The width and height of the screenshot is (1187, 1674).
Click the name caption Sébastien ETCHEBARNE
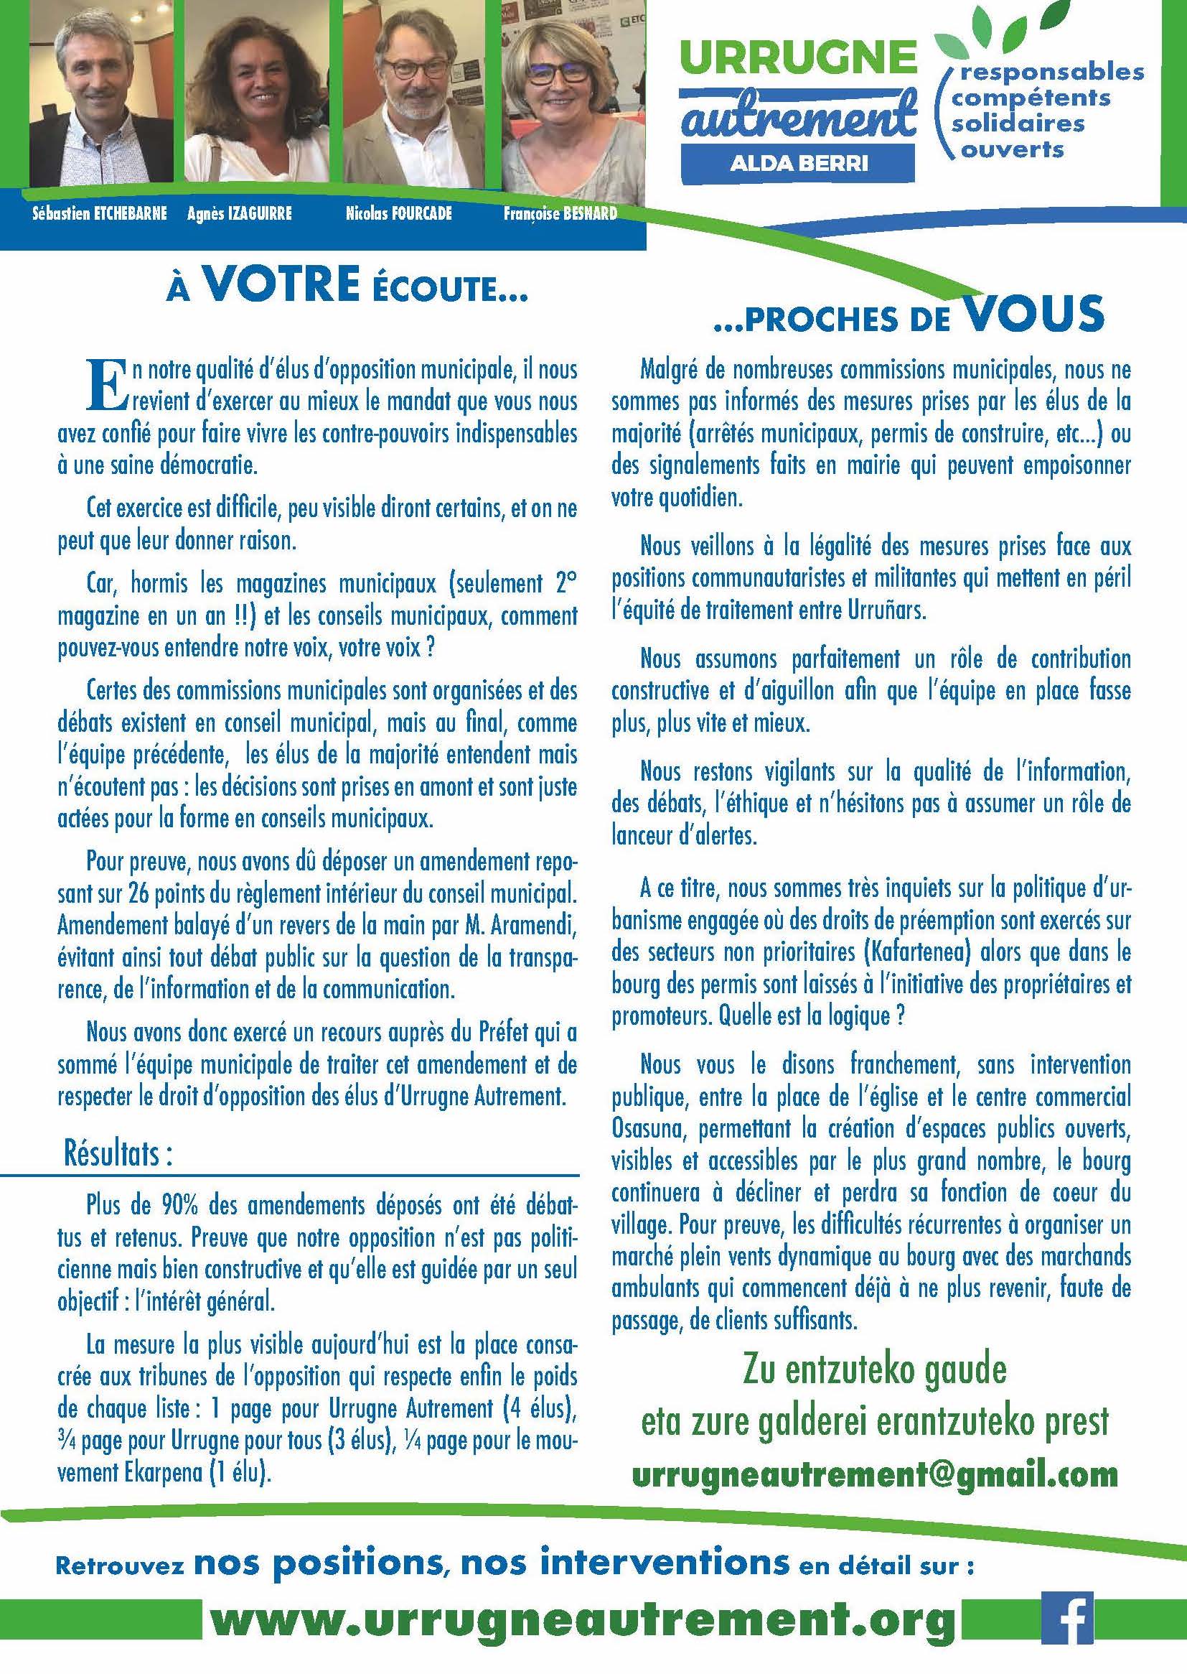click(100, 214)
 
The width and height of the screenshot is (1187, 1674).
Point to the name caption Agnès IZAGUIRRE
click(239, 214)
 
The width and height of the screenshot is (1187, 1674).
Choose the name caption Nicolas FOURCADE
click(399, 214)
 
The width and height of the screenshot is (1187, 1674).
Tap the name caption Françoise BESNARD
click(560, 214)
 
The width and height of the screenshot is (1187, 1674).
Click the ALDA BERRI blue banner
click(798, 162)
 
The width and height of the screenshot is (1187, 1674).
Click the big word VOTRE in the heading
click(281, 289)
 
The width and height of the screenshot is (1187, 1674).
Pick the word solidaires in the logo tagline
click(1018, 122)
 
